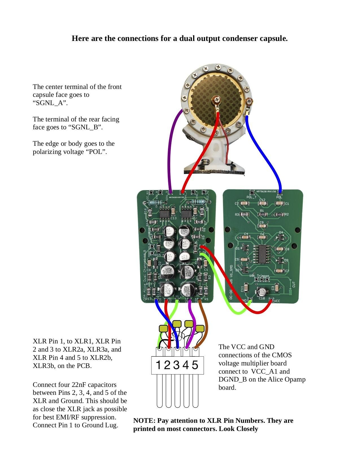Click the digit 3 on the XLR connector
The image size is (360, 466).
coord(176,365)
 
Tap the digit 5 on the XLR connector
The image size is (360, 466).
coord(195,365)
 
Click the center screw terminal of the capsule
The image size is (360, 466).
coord(216,100)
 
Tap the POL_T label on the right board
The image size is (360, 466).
coord(251,197)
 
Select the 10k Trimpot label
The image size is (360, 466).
coord(259,276)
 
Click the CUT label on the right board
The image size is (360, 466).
coord(294,284)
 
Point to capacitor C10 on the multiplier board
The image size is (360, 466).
coord(262,292)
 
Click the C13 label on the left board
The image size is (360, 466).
coord(173,218)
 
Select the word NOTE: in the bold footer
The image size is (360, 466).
coord(144,421)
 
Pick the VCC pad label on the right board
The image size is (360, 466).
coord(277,301)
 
